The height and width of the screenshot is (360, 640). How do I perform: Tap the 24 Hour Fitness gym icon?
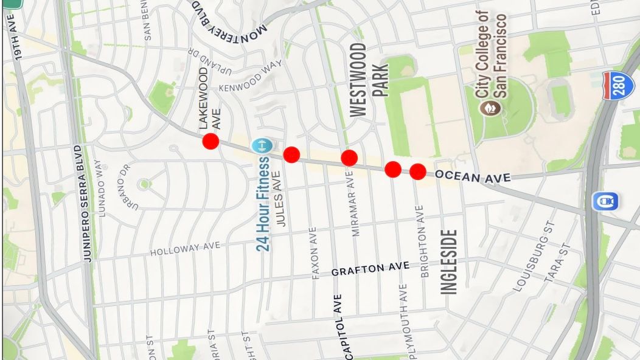pyautogui.click(x=262, y=146)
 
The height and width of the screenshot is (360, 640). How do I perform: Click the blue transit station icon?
pyautogui.click(x=607, y=201)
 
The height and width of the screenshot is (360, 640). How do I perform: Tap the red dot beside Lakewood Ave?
pyautogui.click(x=210, y=141)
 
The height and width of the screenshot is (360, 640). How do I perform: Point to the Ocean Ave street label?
pyautogui.click(x=473, y=177)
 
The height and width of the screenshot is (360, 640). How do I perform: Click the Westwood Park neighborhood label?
pyautogui.click(x=369, y=78)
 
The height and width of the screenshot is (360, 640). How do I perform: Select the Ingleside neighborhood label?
pyautogui.click(x=449, y=261)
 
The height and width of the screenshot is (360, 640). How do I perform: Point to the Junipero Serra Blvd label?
pyautogui.click(x=88, y=203)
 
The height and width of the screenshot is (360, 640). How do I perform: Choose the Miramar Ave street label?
pyautogui.click(x=357, y=203)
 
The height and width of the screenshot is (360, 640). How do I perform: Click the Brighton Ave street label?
pyautogui.click(x=424, y=242)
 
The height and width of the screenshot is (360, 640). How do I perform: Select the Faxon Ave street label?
pyautogui.click(x=315, y=254)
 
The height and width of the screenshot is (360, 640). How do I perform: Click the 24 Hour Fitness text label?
pyautogui.click(x=263, y=204)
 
